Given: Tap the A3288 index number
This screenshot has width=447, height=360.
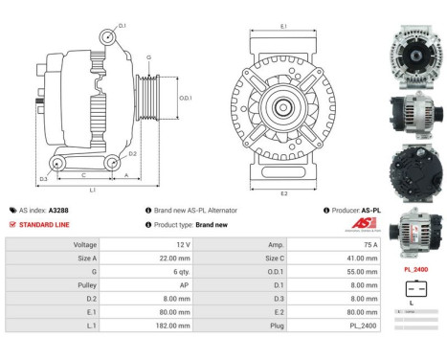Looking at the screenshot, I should click(x=59, y=210).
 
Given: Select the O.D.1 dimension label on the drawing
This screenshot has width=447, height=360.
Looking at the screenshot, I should click(x=186, y=97).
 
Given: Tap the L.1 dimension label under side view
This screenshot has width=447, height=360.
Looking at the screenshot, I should click(x=92, y=190).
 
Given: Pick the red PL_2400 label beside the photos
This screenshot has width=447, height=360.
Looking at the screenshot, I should click(x=415, y=270).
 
